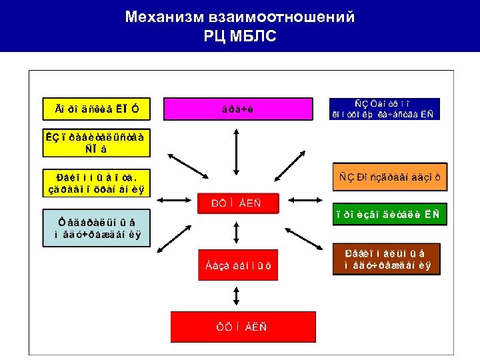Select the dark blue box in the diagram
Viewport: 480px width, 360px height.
coord(383,108)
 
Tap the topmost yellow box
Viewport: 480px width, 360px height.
coord(93,107)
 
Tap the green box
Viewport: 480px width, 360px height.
coord(391,214)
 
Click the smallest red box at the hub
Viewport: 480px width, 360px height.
coord(237,203)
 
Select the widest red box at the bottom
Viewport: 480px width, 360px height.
coord(237,327)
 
